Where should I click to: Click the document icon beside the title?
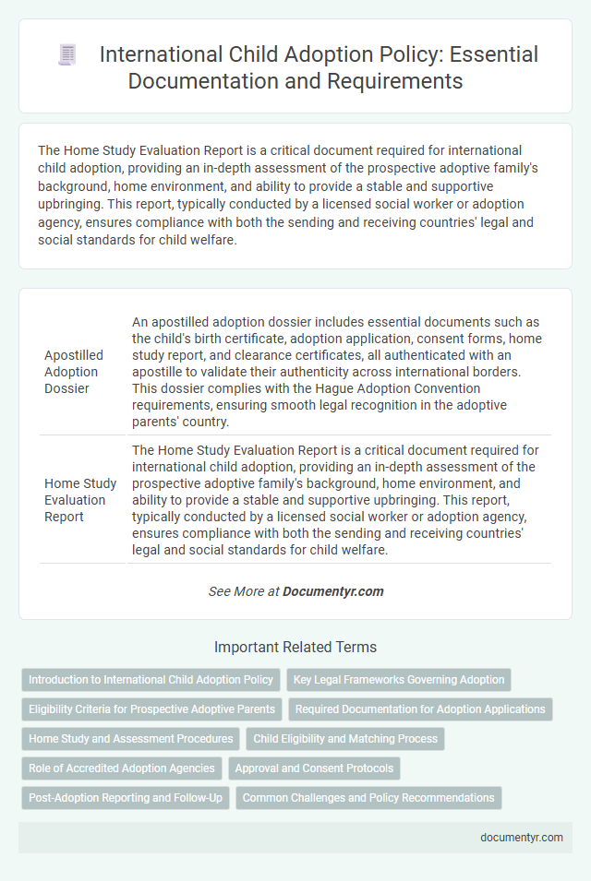(67, 55)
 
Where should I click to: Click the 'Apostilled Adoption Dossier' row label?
(74, 371)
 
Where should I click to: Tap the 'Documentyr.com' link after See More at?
(333, 591)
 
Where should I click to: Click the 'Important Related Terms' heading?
(295, 647)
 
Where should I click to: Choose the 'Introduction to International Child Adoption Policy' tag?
(151, 680)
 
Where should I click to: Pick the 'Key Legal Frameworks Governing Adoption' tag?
(399, 680)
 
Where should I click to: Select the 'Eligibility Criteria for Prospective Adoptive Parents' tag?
(151, 709)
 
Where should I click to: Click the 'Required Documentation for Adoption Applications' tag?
(420, 709)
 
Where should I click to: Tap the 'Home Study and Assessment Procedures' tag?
(130, 739)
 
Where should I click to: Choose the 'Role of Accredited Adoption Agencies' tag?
(122, 768)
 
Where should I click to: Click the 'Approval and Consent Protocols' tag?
(315, 768)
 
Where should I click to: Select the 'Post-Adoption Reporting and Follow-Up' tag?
(126, 798)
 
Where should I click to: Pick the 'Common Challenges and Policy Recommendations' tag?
(368, 798)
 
